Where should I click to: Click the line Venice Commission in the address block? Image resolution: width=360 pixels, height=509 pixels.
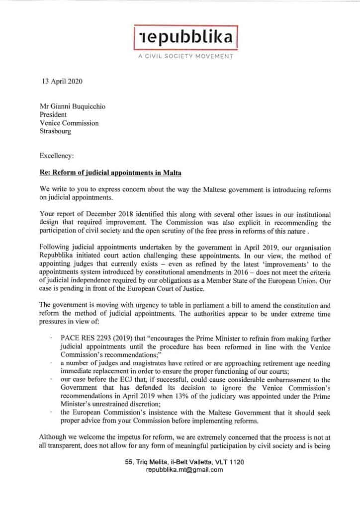[x=69, y=123]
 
